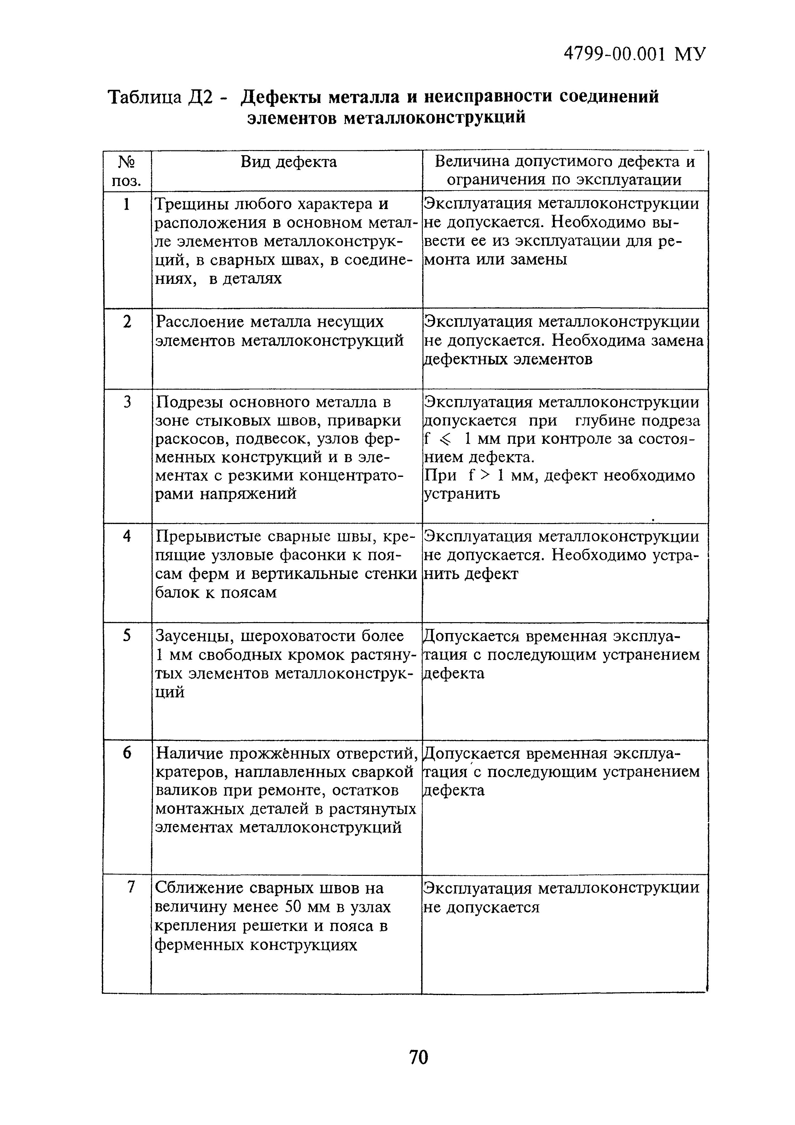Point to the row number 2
[127, 322]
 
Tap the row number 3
[127, 402]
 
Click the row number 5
[127, 636]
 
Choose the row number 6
[127, 753]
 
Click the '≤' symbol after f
[444, 440]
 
